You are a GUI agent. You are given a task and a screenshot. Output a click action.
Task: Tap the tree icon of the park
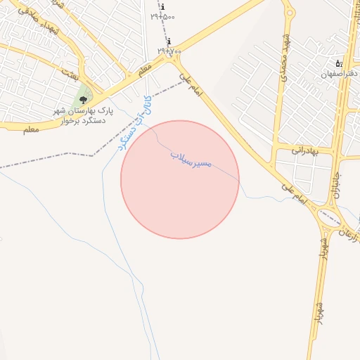click(83, 100)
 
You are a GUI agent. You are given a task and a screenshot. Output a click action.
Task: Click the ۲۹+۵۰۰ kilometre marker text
click(162, 16)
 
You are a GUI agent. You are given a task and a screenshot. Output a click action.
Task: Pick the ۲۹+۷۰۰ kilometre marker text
click(169, 51)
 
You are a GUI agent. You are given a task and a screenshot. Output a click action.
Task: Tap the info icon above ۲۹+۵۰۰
click(163, 7)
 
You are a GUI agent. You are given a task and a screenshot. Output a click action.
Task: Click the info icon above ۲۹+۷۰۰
click(169, 41)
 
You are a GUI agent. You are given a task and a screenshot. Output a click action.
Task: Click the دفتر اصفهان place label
click(340, 73)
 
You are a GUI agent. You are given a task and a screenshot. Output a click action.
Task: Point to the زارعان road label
click(348, 233)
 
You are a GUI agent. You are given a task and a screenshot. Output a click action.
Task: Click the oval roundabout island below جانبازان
click(328, 218)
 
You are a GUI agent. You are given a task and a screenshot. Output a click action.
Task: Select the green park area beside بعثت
click(82, 92)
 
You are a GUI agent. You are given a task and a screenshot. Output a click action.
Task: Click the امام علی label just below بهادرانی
click(293, 193)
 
